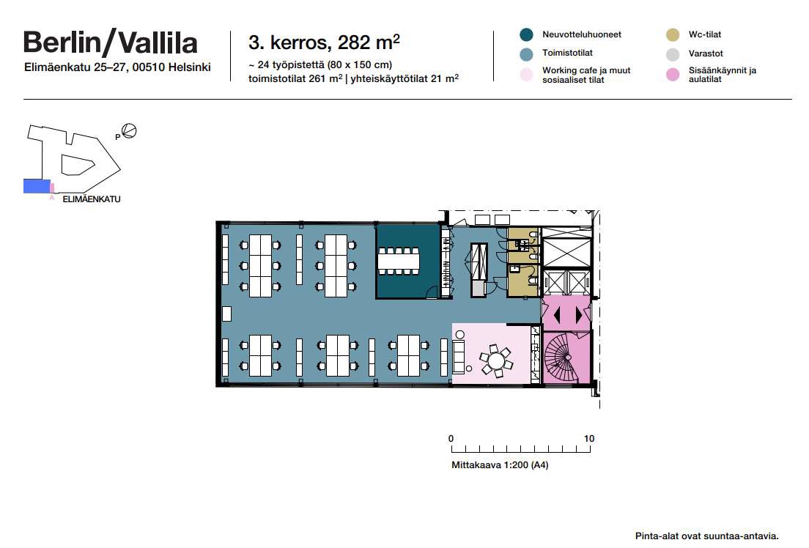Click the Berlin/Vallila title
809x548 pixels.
coord(111,42)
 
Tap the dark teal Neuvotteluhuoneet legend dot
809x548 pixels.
coord(526,34)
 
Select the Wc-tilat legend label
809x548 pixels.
coord(704,34)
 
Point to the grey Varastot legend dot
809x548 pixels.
coord(673,53)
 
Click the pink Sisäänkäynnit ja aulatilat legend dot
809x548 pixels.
coord(673,75)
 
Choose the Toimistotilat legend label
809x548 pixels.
coord(567,53)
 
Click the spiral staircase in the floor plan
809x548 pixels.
coord(561,357)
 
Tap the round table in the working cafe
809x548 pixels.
coord(496,360)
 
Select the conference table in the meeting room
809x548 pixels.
coord(399,261)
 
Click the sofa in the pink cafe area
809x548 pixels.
coord(458,357)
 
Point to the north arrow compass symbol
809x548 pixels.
coord(129,131)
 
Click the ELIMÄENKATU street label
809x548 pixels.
coord(92,199)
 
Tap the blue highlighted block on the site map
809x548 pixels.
coord(37,186)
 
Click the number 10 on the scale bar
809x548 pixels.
coord(588,439)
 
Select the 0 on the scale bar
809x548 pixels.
coord(451,439)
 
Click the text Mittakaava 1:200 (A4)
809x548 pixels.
coord(500,465)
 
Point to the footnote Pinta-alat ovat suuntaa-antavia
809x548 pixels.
coord(706,536)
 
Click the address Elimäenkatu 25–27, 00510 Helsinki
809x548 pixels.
coord(117,67)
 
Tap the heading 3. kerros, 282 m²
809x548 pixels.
coord(324,42)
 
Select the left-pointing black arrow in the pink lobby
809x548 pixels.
coord(556,315)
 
